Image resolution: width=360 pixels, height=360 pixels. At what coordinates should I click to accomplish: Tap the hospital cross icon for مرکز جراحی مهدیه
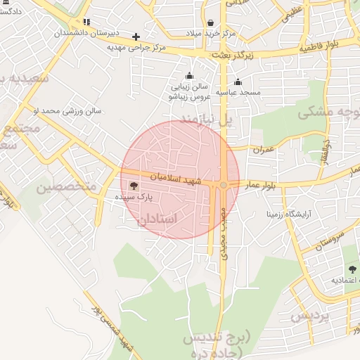click(136, 37)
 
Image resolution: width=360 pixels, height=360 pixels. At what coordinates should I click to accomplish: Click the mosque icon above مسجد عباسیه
click(238, 82)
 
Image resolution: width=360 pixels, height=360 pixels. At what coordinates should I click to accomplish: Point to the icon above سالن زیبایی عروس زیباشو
click(188, 76)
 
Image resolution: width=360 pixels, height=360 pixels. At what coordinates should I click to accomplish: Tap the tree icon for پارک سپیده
click(134, 186)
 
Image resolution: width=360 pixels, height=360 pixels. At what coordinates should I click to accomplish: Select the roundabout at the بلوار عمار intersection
click(224, 185)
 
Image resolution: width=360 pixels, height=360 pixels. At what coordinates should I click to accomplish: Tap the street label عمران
click(264, 149)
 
